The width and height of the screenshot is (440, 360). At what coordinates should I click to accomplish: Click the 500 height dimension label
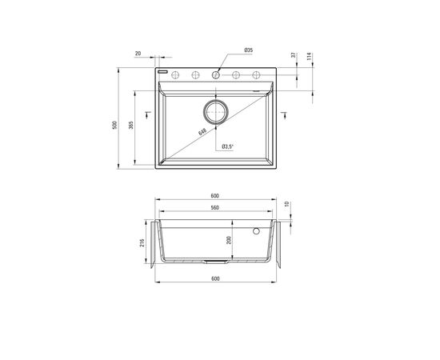(114, 125)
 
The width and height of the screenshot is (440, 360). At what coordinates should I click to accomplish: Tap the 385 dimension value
(130, 125)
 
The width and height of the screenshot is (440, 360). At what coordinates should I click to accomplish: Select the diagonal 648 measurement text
(202, 131)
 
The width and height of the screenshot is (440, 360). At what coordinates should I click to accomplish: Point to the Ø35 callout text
(249, 50)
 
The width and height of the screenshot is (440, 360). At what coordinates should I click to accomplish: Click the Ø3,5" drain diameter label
(227, 146)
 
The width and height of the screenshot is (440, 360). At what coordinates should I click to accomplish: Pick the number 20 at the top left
(138, 54)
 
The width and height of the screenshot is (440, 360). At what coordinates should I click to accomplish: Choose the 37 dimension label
(294, 55)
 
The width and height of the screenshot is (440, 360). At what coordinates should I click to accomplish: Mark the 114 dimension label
(310, 56)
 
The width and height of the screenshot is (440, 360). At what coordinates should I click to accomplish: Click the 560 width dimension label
(214, 208)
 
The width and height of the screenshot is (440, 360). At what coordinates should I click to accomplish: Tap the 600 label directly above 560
(214, 196)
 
